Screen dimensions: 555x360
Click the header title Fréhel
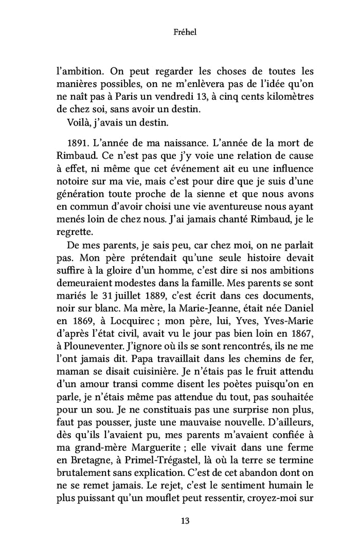click(x=179, y=32)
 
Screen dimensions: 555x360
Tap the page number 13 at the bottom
click(x=180, y=521)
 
